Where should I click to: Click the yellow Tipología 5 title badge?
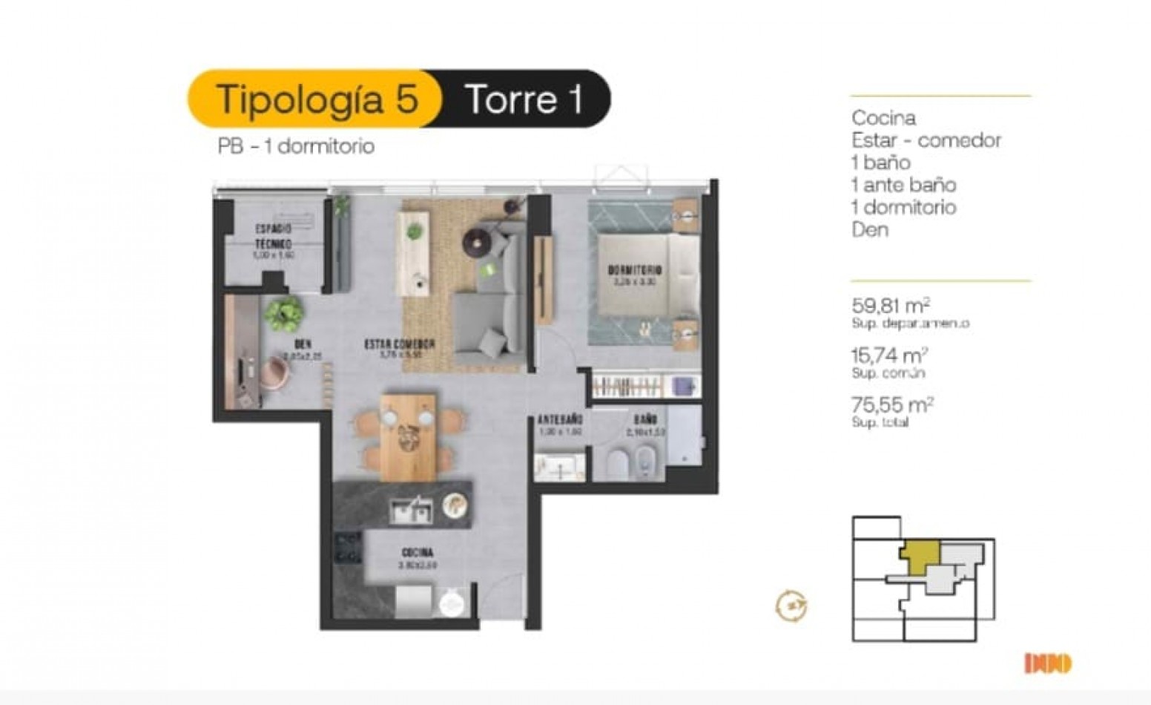coord(315,99)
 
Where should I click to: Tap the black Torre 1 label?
coord(523,99)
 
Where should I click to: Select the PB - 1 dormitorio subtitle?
coord(296,146)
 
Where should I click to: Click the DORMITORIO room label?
coord(635,270)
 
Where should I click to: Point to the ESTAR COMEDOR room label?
coord(399,344)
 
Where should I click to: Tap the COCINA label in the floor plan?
coord(418,553)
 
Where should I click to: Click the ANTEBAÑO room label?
coord(559,420)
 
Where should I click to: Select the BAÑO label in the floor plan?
coord(645,420)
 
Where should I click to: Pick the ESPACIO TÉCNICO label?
coord(274,236)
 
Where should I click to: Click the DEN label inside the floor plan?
coord(302,344)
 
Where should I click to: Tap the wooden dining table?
coord(407,436)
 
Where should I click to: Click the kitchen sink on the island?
coord(410,510)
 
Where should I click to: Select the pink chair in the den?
coord(274,371)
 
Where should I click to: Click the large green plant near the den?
coord(284,313)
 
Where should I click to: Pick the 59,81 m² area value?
coord(891,306)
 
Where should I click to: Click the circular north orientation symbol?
coord(791,605)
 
